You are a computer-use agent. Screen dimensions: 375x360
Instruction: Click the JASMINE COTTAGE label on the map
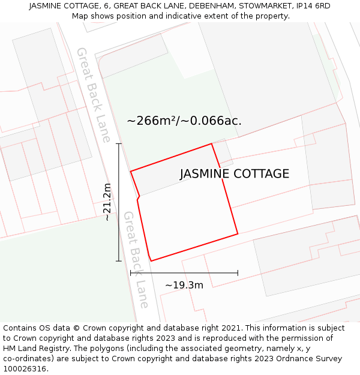click(x=235, y=174)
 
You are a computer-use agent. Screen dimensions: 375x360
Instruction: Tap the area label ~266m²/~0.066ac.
click(x=184, y=121)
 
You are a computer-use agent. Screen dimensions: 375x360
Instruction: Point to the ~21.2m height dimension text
click(x=107, y=202)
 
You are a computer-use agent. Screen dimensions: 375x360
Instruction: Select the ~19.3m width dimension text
click(x=184, y=285)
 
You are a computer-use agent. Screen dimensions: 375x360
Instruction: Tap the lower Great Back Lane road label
click(x=136, y=259)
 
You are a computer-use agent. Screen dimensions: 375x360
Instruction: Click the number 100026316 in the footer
click(x=26, y=369)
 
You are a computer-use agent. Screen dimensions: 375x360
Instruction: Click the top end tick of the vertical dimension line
click(x=119, y=144)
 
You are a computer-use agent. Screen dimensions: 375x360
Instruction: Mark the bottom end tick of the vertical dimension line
click(x=119, y=261)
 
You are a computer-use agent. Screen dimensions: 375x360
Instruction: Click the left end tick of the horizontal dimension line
click(x=131, y=273)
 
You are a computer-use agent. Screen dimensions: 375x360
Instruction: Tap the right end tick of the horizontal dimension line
click(x=238, y=273)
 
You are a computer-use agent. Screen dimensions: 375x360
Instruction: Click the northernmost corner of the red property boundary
click(x=211, y=143)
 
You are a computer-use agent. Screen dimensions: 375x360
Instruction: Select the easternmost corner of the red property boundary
click(x=238, y=233)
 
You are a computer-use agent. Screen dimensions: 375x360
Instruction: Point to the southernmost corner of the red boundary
click(x=151, y=261)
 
